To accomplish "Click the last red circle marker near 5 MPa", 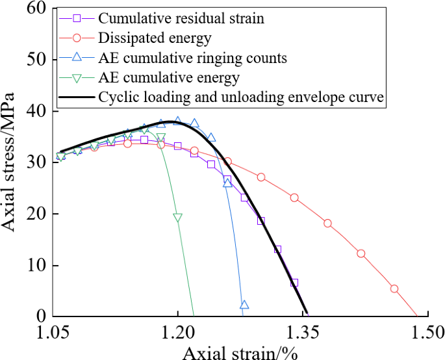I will pos(394,289).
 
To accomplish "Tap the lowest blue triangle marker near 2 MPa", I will pos(244,305).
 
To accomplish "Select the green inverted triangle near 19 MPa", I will pos(177,218).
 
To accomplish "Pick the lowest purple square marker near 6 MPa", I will pos(294,283).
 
